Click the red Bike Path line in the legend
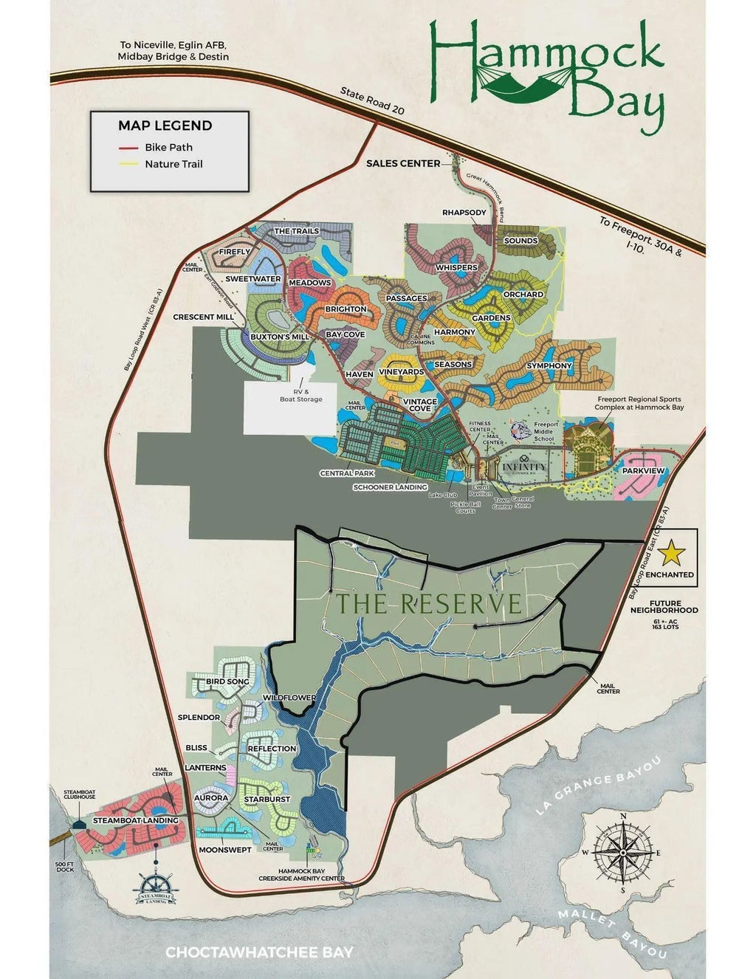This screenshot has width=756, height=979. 128,148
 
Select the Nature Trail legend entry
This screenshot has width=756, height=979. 173,164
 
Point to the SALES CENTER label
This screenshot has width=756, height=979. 403,163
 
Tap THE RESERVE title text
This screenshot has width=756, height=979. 429,603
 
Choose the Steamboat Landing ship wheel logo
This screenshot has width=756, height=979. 156,890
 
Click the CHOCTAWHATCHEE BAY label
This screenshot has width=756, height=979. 259,952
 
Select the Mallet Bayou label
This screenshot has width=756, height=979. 612,932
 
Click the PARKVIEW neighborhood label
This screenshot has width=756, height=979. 643,470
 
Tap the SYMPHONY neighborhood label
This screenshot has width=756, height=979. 549,365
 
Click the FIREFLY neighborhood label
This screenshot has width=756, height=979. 236,252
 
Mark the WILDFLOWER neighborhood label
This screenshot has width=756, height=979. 289,698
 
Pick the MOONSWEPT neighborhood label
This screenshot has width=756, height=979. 225,850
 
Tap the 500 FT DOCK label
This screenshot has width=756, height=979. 66,867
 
